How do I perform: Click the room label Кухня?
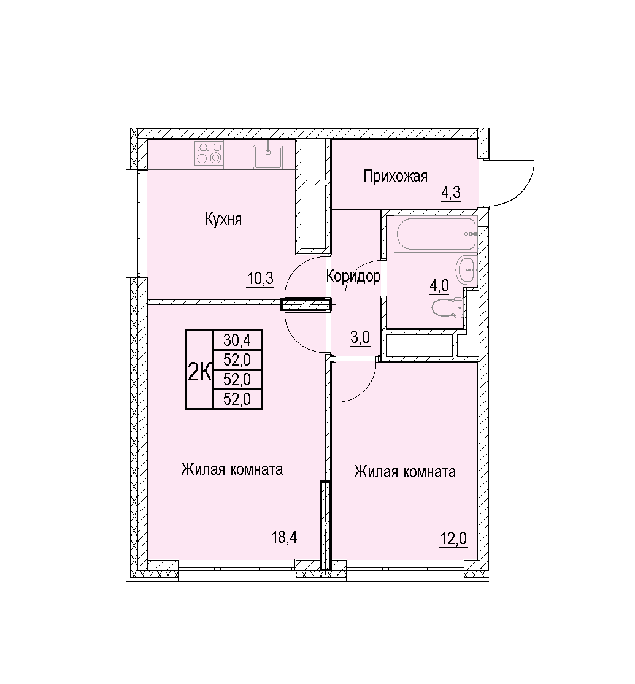point(223,219)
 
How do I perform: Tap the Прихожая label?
point(395,176)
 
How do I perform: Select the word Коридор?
point(353,276)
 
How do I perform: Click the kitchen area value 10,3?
point(261,279)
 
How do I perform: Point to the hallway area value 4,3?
point(451,193)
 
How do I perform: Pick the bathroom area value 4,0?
point(439,286)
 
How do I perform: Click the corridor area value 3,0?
point(361,337)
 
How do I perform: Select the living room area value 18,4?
point(285,537)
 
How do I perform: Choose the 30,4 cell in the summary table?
point(237,339)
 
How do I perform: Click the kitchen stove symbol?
point(209,153)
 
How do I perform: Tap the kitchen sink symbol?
point(268,156)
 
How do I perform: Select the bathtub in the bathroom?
point(434,234)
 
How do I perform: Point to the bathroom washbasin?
point(467,271)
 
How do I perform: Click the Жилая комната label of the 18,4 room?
point(232,469)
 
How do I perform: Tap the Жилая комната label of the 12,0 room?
point(405,472)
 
